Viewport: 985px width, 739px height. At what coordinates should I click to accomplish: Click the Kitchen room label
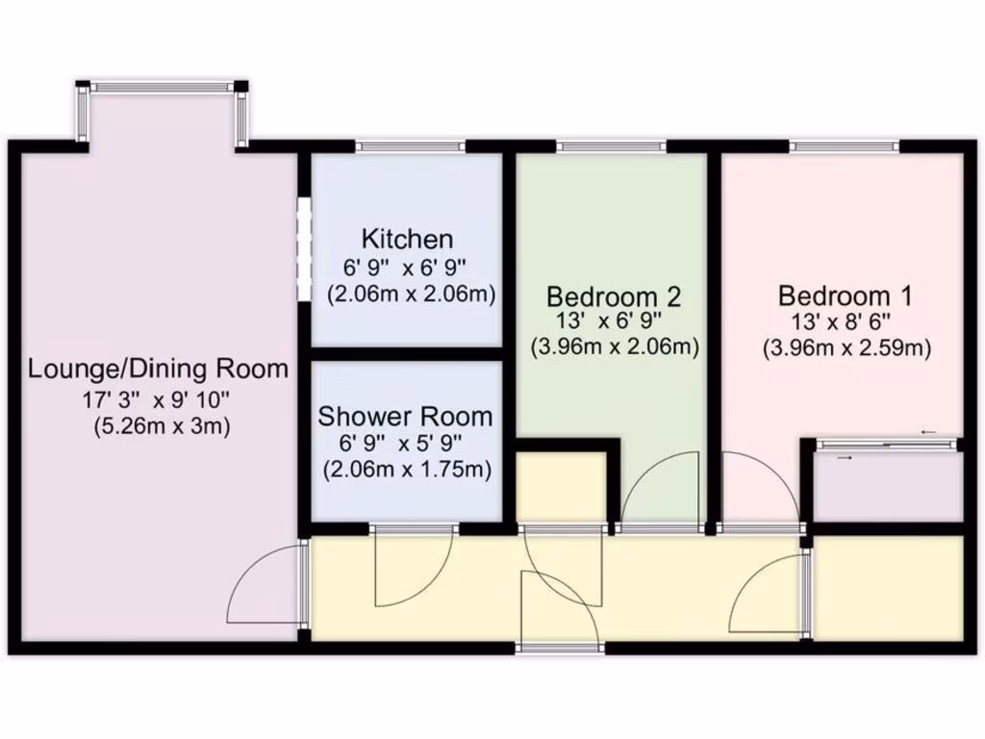click(x=407, y=239)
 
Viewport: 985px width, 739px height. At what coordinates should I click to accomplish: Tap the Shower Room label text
click(x=405, y=417)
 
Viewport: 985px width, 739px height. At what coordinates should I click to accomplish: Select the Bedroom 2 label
click(x=614, y=294)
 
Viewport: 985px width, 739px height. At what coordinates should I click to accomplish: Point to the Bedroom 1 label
click(x=846, y=294)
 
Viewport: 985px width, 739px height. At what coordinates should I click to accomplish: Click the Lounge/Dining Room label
click(x=158, y=369)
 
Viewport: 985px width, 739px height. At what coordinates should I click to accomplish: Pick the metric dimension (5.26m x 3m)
click(x=162, y=425)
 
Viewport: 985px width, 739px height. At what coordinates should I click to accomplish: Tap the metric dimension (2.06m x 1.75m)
click(x=407, y=470)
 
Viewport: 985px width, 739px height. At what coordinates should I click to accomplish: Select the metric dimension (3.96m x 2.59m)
click(x=846, y=348)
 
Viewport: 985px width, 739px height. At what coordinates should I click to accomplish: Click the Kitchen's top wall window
click(x=410, y=147)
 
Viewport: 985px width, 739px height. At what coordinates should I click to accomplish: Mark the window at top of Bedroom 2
click(x=611, y=147)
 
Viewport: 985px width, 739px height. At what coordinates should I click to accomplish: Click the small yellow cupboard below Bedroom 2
click(x=562, y=486)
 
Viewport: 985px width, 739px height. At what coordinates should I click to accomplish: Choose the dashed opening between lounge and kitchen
click(x=302, y=249)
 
